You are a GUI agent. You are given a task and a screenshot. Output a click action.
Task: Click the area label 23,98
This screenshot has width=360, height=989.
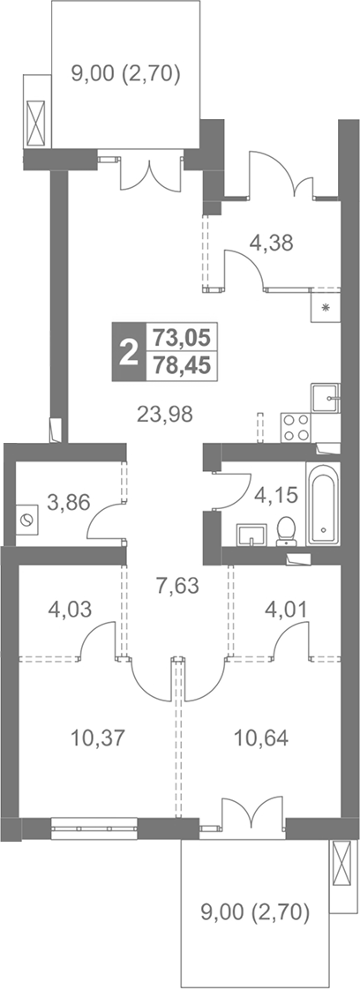point(164,414)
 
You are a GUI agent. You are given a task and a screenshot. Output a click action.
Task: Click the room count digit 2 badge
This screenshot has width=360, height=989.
point(129,352)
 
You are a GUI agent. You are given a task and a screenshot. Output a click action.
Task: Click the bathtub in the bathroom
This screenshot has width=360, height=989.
point(323,504)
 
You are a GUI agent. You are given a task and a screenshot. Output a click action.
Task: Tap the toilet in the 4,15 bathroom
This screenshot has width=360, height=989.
point(287,532)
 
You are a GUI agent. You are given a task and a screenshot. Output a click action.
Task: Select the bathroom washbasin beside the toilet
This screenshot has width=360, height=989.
point(253,535)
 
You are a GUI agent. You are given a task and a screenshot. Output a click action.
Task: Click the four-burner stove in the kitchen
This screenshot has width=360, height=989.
point(296,428)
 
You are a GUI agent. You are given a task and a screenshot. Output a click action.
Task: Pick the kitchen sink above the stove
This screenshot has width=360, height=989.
point(326,397)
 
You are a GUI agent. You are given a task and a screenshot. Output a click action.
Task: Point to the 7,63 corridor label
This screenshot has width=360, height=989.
point(177,586)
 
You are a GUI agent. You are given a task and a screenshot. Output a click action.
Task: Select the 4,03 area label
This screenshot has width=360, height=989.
point(70,610)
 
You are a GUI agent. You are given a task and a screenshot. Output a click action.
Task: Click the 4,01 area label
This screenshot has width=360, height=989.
point(288,610)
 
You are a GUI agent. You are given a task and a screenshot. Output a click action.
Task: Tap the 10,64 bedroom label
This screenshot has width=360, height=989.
point(261,738)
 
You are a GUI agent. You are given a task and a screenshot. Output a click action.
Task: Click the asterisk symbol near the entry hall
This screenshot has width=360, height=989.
point(326,308)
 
